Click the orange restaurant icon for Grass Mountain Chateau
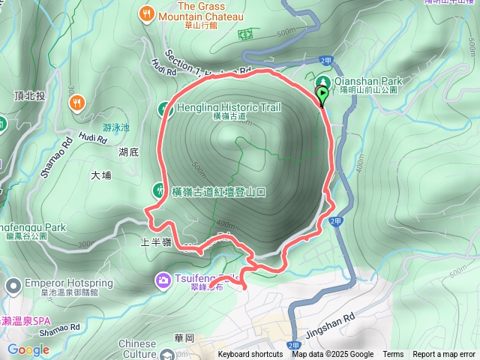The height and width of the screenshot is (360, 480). [x=145, y=12]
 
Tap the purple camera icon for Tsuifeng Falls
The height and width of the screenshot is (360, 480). [x=163, y=280]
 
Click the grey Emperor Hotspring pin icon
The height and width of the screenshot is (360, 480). [x=13, y=285]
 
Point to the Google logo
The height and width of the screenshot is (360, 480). [x=28, y=350]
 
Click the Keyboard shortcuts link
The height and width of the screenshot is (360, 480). [x=250, y=355]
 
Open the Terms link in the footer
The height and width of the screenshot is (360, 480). [x=393, y=355]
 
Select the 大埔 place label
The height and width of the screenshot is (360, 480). [x=100, y=175]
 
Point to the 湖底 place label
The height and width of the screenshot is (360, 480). [x=128, y=152]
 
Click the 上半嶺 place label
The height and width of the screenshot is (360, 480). [x=157, y=242]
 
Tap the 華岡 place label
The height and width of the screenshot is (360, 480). [x=184, y=337]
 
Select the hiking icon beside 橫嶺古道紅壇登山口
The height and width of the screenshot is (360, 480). [x=158, y=190]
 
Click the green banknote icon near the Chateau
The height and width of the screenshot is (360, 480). [x=246, y=34]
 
